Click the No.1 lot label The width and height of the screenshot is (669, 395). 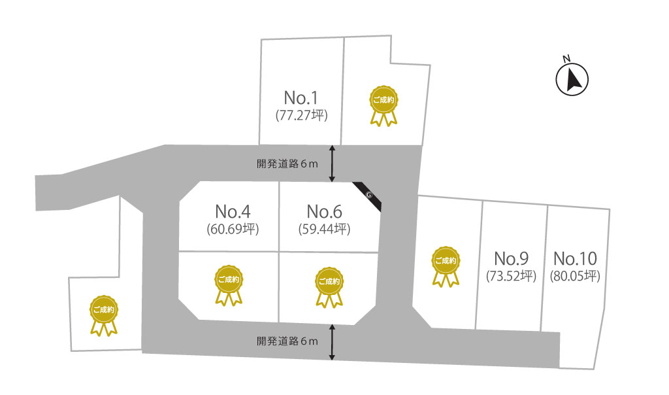click(301, 98)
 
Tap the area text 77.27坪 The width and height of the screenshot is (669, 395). click(302, 115)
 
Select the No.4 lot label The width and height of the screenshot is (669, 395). click(233, 211)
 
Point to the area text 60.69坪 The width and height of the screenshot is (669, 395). click(233, 230)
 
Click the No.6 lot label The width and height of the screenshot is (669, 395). click(324, 211)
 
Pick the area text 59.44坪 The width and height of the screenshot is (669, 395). click(324, 230)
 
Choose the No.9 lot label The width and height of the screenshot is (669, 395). click(511, 258)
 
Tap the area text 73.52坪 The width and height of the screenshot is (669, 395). click(511, 276)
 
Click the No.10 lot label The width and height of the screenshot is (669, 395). click(575, 258)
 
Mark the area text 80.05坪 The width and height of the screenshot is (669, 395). click(575, 276)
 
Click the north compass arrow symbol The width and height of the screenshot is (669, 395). click(572, 79)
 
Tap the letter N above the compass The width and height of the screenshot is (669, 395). click(566, 58)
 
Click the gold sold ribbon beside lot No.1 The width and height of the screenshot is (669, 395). click(383, 105)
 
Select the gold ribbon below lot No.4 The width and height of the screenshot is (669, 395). click(229, 285)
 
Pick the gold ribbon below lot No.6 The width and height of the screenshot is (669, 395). click(329, 287)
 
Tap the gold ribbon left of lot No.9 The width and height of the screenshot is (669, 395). click(446, 266)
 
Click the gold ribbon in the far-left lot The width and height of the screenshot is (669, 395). click(104, 315)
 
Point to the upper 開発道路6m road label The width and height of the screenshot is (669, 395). click(287, 164)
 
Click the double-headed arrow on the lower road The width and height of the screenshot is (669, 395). click(332, 342)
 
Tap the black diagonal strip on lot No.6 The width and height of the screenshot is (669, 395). click(367, 196)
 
